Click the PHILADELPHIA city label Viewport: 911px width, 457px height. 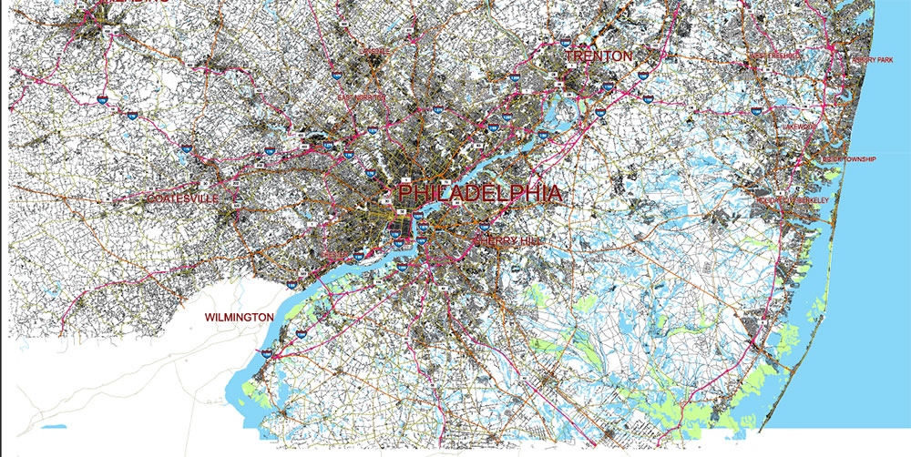pos(479,193)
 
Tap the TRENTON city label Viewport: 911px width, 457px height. pos(598,56)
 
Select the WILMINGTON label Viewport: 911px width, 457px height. pos(239,317)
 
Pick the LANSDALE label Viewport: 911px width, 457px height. pos(375,52)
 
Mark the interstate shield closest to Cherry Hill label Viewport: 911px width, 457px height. pos(484,224)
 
